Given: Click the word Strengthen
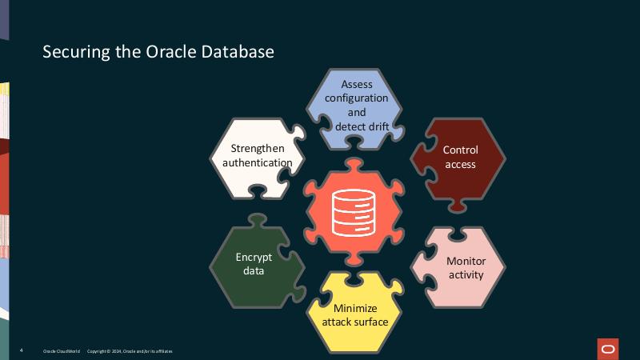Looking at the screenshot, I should click(257, 149).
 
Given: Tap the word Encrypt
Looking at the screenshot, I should click(254, 257).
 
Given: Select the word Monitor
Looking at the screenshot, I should click(466, 261).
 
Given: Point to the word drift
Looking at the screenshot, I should click(375, 126).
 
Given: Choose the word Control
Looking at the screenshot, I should click(460, 150).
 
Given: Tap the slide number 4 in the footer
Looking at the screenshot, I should click(21, 351).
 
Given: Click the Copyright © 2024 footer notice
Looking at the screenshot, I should click(129, 351).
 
